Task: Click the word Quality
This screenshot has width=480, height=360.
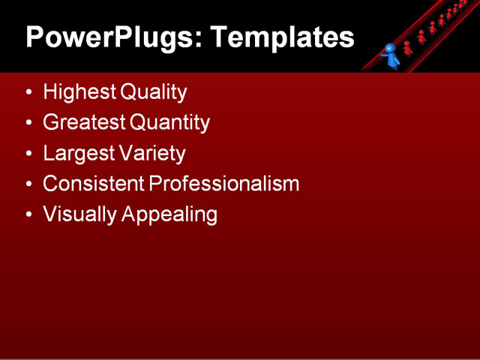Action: [152, 93]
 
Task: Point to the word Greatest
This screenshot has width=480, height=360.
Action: [85, 123]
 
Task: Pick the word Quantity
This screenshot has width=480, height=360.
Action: [170, 123]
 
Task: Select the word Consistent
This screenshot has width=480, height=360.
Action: [93, 184]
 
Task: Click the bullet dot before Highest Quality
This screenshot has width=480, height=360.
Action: [28, 94]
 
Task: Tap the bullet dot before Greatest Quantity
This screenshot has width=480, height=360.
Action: [28, 124]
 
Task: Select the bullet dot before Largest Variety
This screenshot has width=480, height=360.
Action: [28, 154]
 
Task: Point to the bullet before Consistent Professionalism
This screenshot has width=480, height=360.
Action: [28, 184]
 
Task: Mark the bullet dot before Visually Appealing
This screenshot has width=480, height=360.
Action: [28, 215]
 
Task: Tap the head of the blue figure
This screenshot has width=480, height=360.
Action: [389, 49]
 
